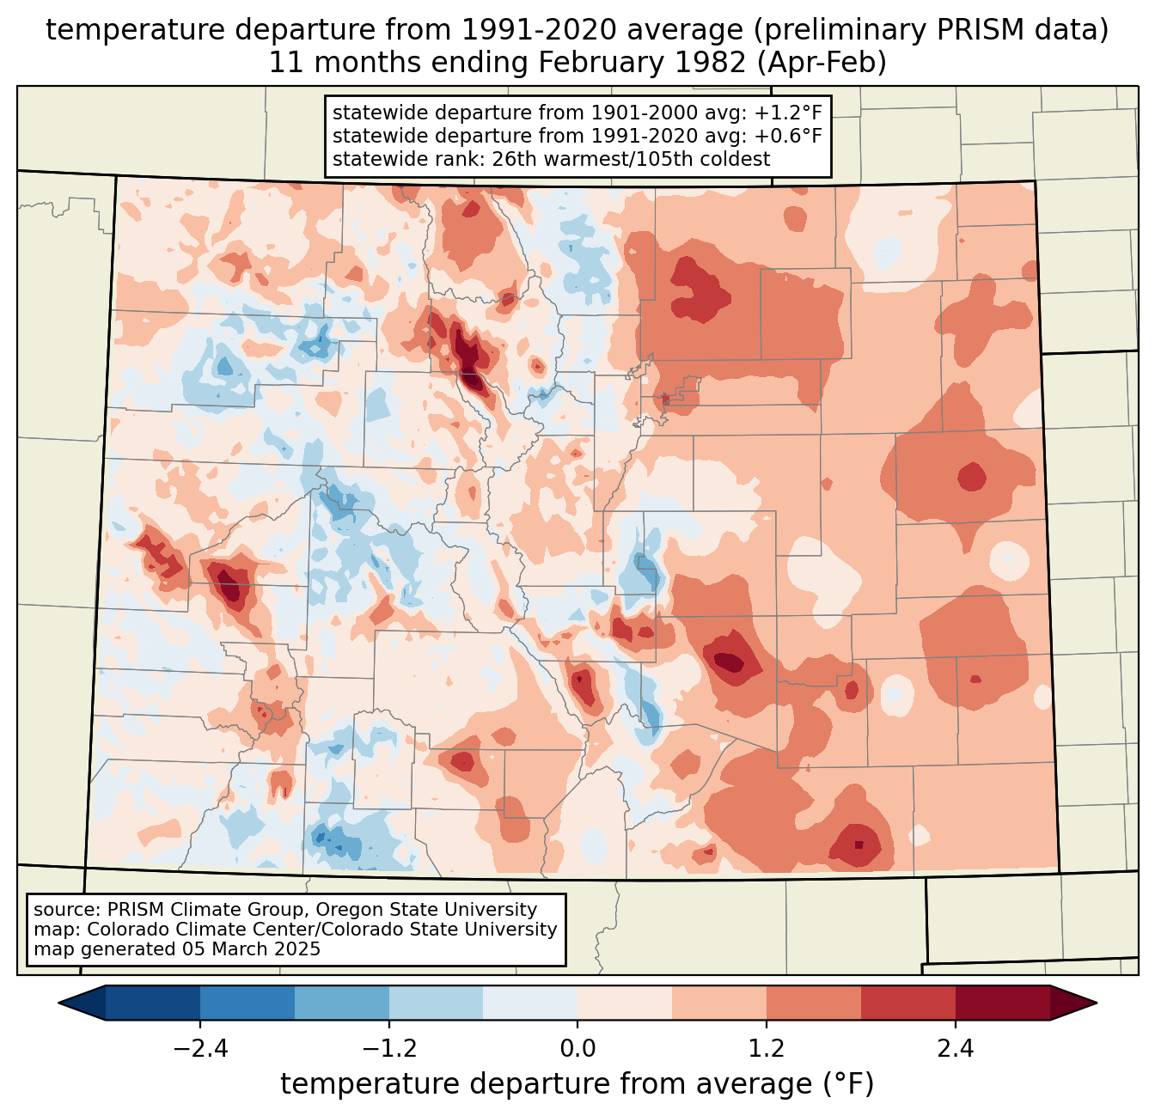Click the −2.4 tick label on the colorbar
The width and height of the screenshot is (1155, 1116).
(x=200, y=1049)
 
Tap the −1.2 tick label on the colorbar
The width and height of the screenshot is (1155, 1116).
(x=388, y=1049)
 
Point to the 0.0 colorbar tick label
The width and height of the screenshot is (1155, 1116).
(x=577, y=1049)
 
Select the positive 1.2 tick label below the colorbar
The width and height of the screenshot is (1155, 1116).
(x=767, y=1049)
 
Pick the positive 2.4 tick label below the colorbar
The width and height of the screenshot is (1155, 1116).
(x=955, y=1049)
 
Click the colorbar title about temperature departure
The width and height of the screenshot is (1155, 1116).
(x=577, y=1084)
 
